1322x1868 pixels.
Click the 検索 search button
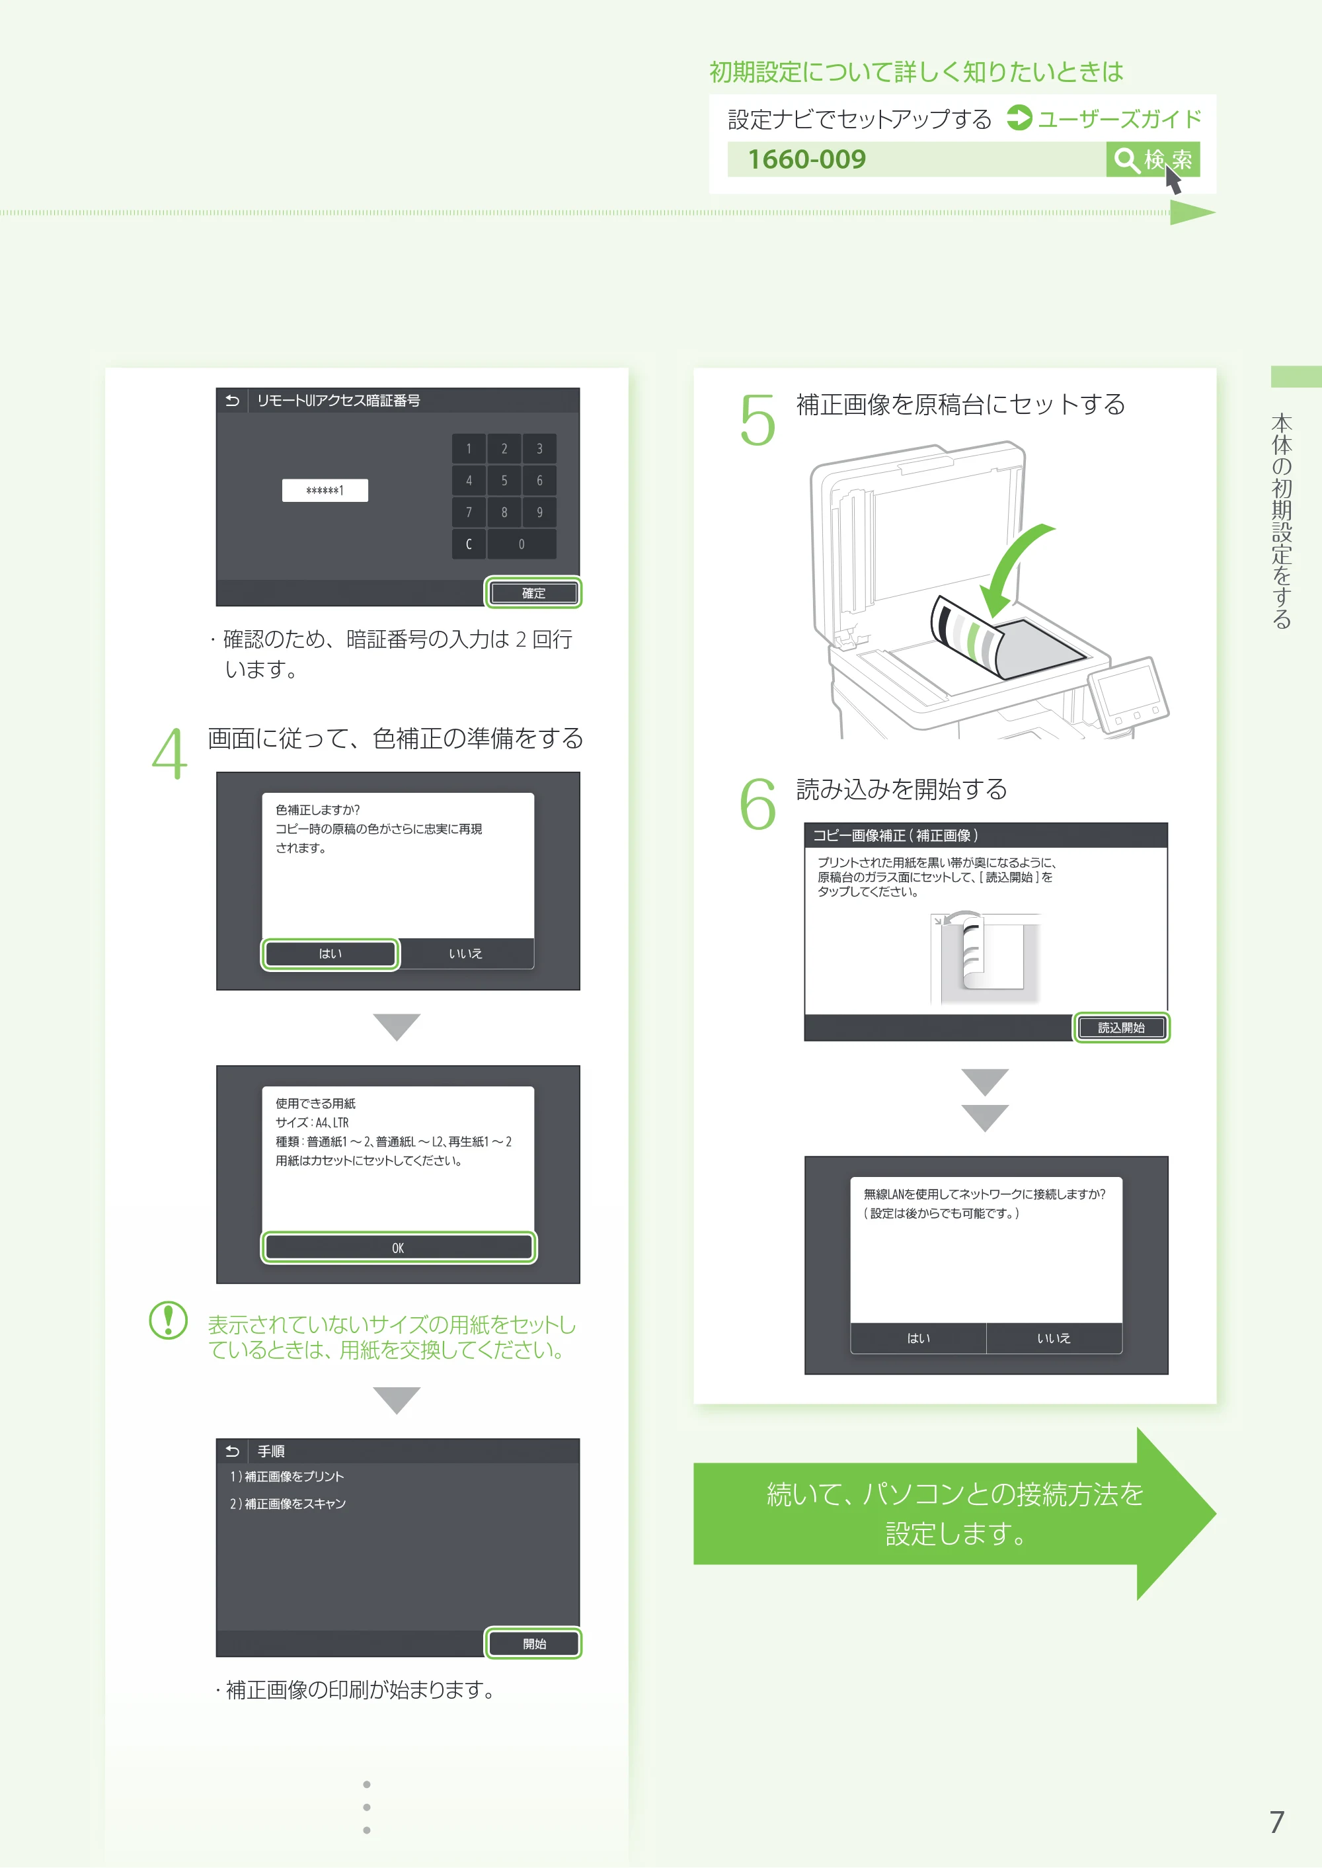coord(1152,159)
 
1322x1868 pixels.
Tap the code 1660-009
coord(806,159)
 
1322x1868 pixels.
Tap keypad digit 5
coord(504,481)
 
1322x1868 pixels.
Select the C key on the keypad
coord(469,544)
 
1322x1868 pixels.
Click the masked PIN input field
coord(325,490)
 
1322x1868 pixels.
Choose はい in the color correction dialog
coord(330,954)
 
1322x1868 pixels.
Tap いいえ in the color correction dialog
coord(465,954)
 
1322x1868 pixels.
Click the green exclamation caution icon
coord(169,1320)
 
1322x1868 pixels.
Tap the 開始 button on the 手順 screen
coord(534,1644)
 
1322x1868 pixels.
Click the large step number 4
coord(169,753)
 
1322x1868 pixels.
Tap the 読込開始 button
coord(1122,1028)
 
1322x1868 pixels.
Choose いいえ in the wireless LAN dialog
coord(1054,1338)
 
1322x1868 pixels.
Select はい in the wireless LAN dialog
coord(919,1338)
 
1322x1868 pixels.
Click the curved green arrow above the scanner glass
coord(1013,571)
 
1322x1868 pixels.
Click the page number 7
coord(1277,1822)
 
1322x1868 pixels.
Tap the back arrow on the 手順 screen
coord(232,1451)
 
